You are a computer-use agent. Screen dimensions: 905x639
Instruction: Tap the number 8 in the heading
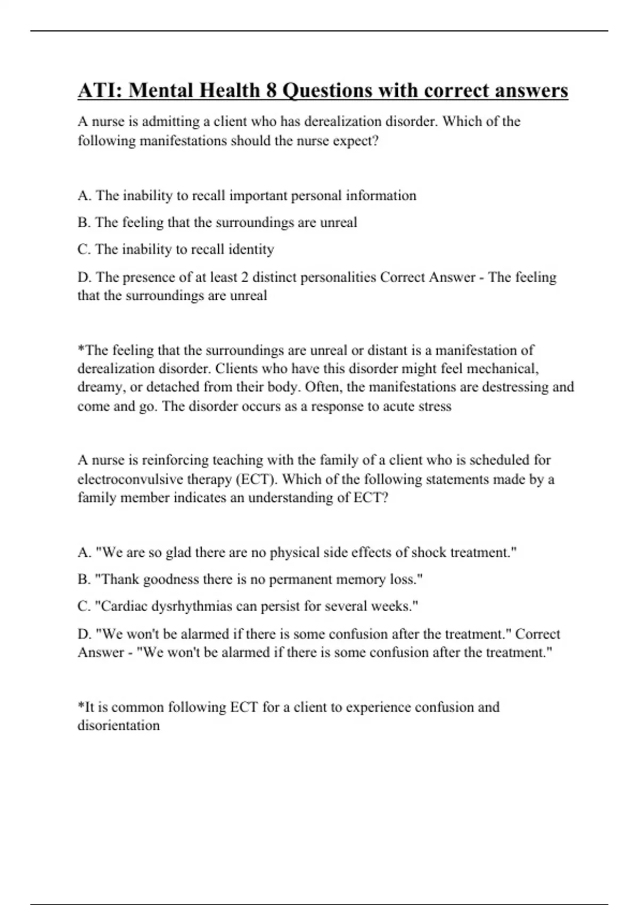(271, 90)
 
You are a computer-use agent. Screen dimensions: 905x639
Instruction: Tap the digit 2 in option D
(243, 277)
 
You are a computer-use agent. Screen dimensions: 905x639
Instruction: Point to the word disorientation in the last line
(119, 726)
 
